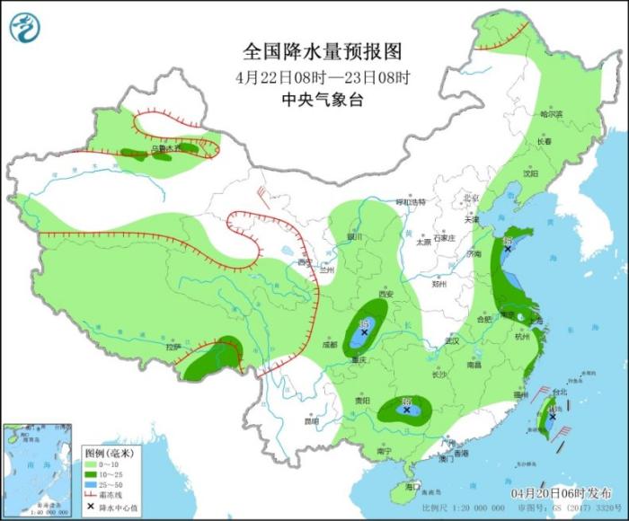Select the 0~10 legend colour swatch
coord(92,465)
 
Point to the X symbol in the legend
coord(92,508)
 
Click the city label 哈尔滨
coord(551,114)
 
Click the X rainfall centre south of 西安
coord(364,332)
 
